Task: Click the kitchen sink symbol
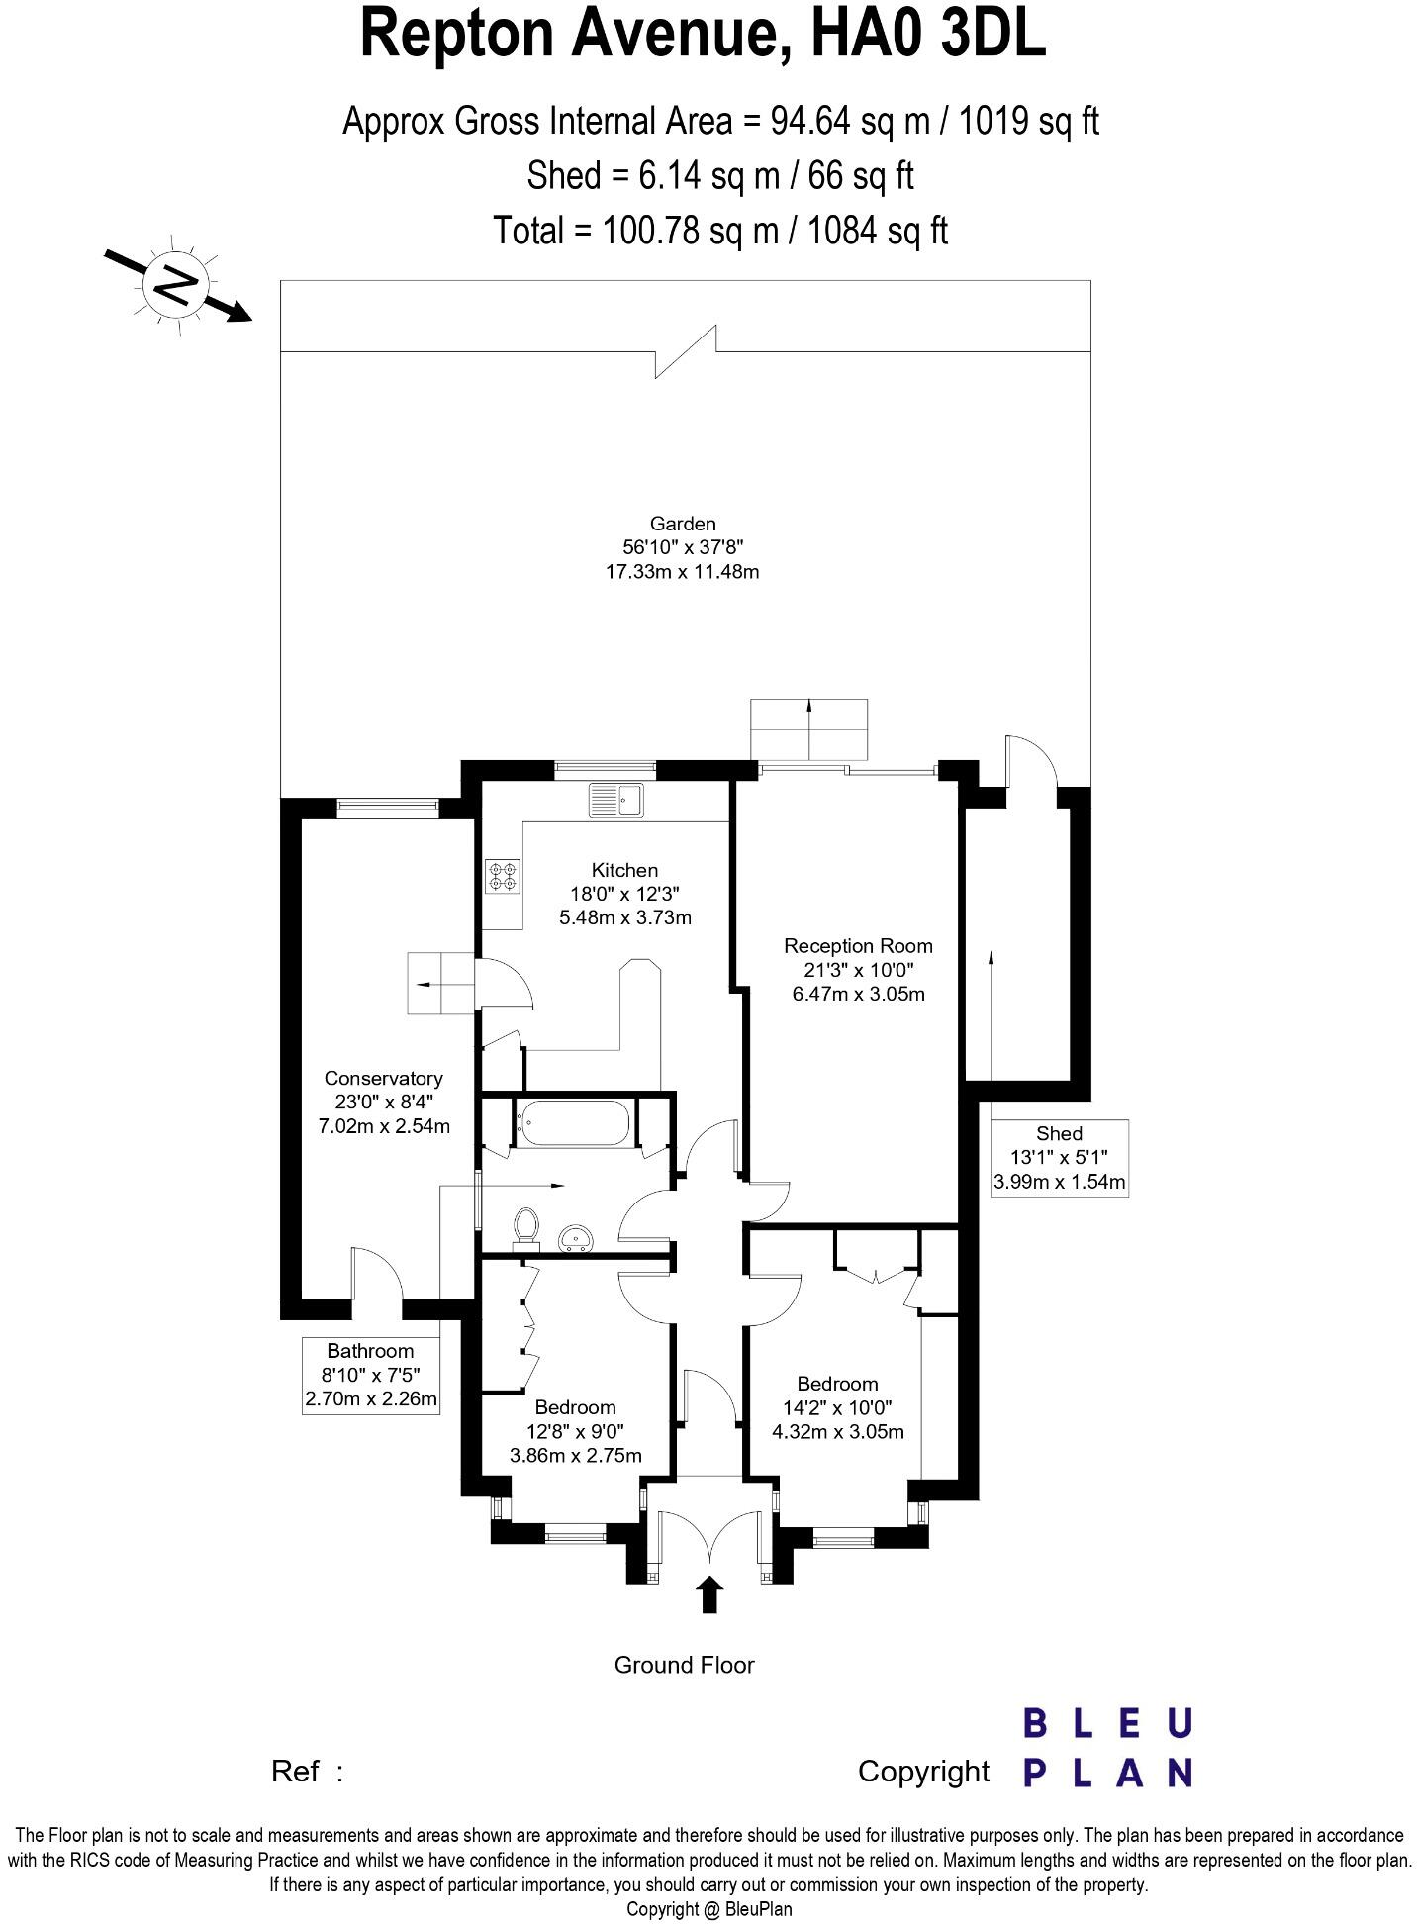615,799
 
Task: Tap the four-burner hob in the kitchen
502,877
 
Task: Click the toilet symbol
526,1226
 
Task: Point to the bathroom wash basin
575,1237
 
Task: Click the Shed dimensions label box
1059,1158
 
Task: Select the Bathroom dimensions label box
370,1376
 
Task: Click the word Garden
682,524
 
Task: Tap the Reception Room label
858,946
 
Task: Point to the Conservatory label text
383,1079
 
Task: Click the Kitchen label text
624,871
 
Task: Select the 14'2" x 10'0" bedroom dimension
837,1407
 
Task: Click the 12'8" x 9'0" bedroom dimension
575,1431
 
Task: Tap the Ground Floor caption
684,1665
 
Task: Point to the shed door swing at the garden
1029,760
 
